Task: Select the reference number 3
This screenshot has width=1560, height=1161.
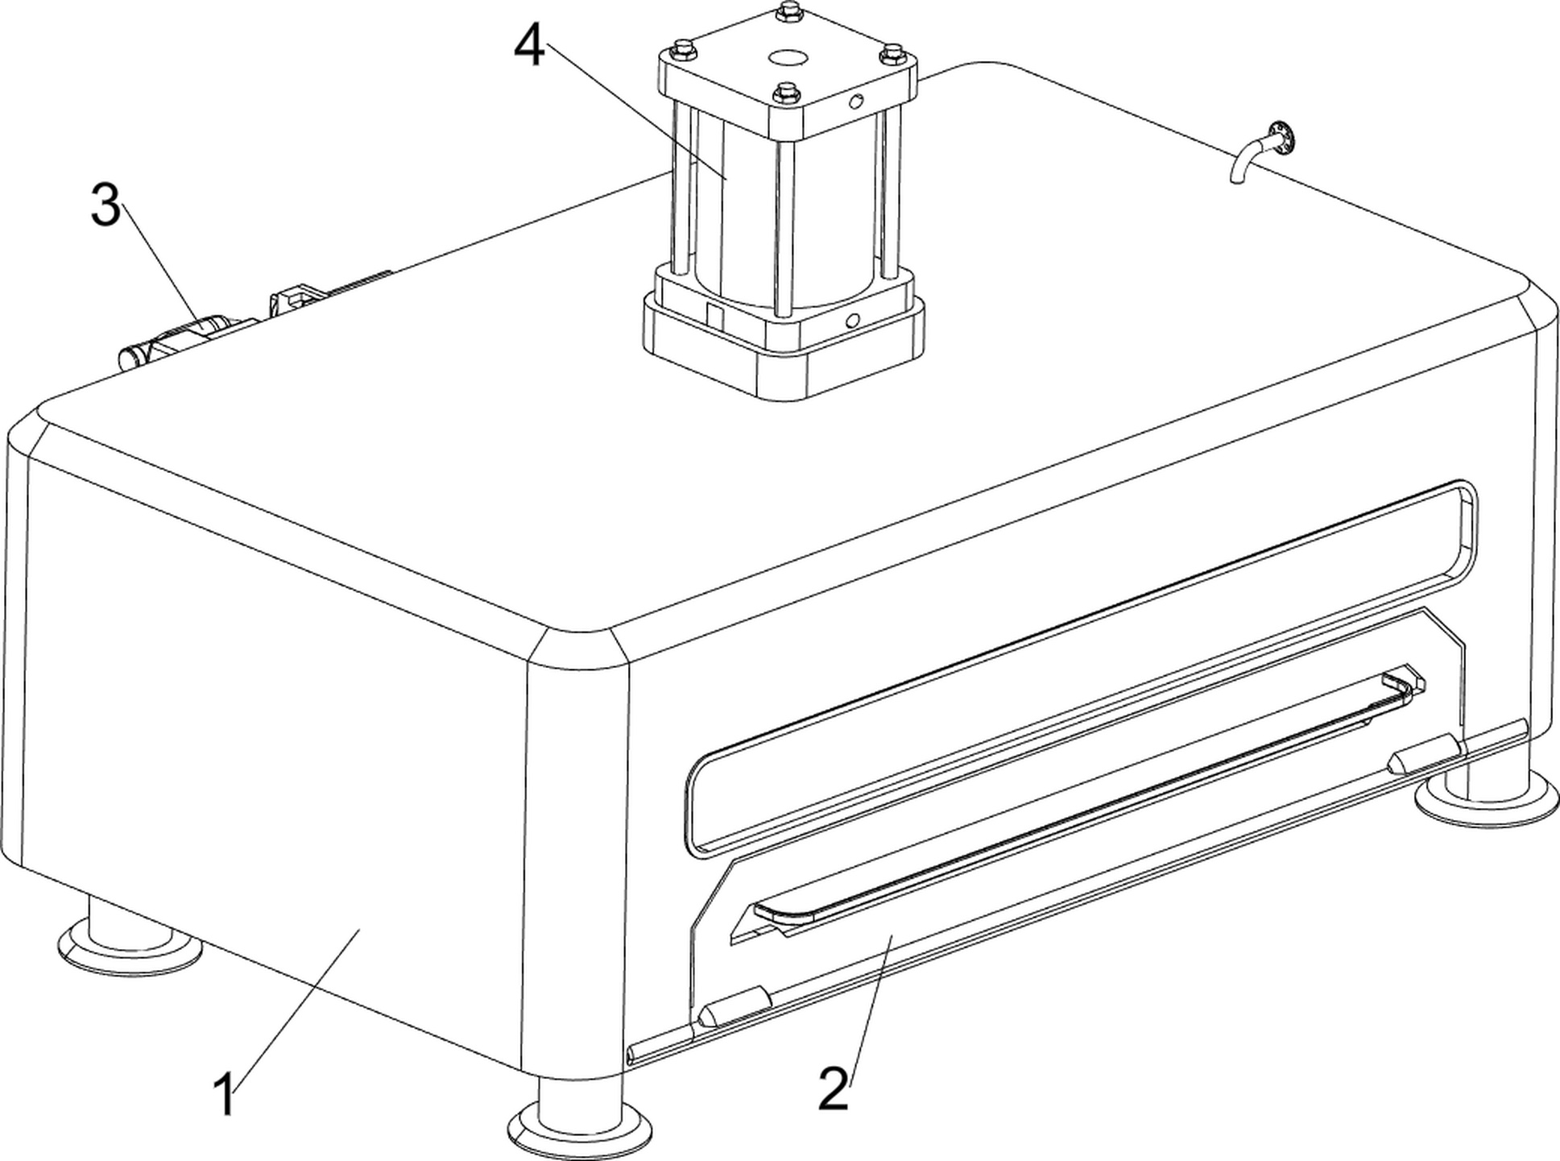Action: click(x=106, y=205)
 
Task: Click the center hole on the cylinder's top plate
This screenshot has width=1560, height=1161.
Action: click(x=787, y=58)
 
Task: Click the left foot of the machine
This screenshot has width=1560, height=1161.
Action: click(x=129, y=939)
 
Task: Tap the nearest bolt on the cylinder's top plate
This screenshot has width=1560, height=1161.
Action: click(x=785, y=93)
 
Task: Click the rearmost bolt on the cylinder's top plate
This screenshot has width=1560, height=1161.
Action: click(x=787, y=11)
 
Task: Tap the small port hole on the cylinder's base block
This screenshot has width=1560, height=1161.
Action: click(x=851, y=321)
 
